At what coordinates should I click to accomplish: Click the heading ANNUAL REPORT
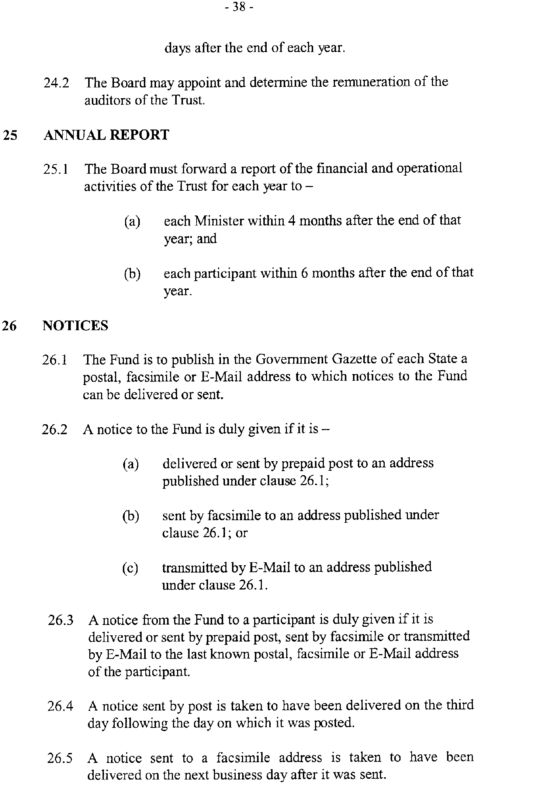106,135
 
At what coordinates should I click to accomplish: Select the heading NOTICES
76,325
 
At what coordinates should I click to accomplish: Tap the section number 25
10,135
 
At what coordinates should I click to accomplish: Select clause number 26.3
61,620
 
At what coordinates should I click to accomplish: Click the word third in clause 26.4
460,705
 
